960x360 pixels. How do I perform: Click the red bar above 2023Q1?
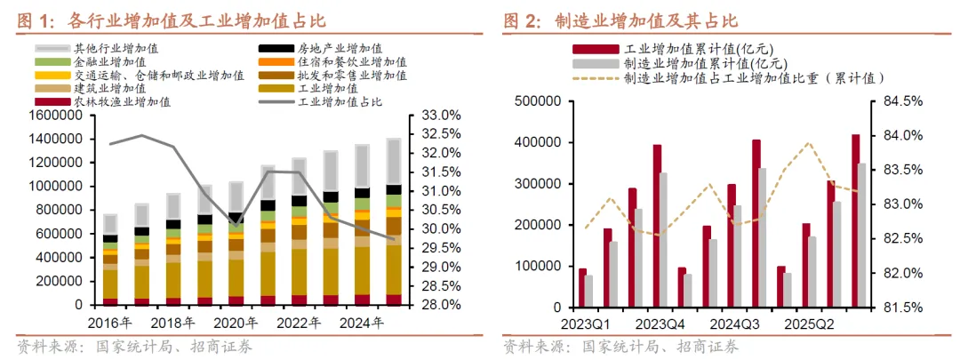(x=582, y=287)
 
